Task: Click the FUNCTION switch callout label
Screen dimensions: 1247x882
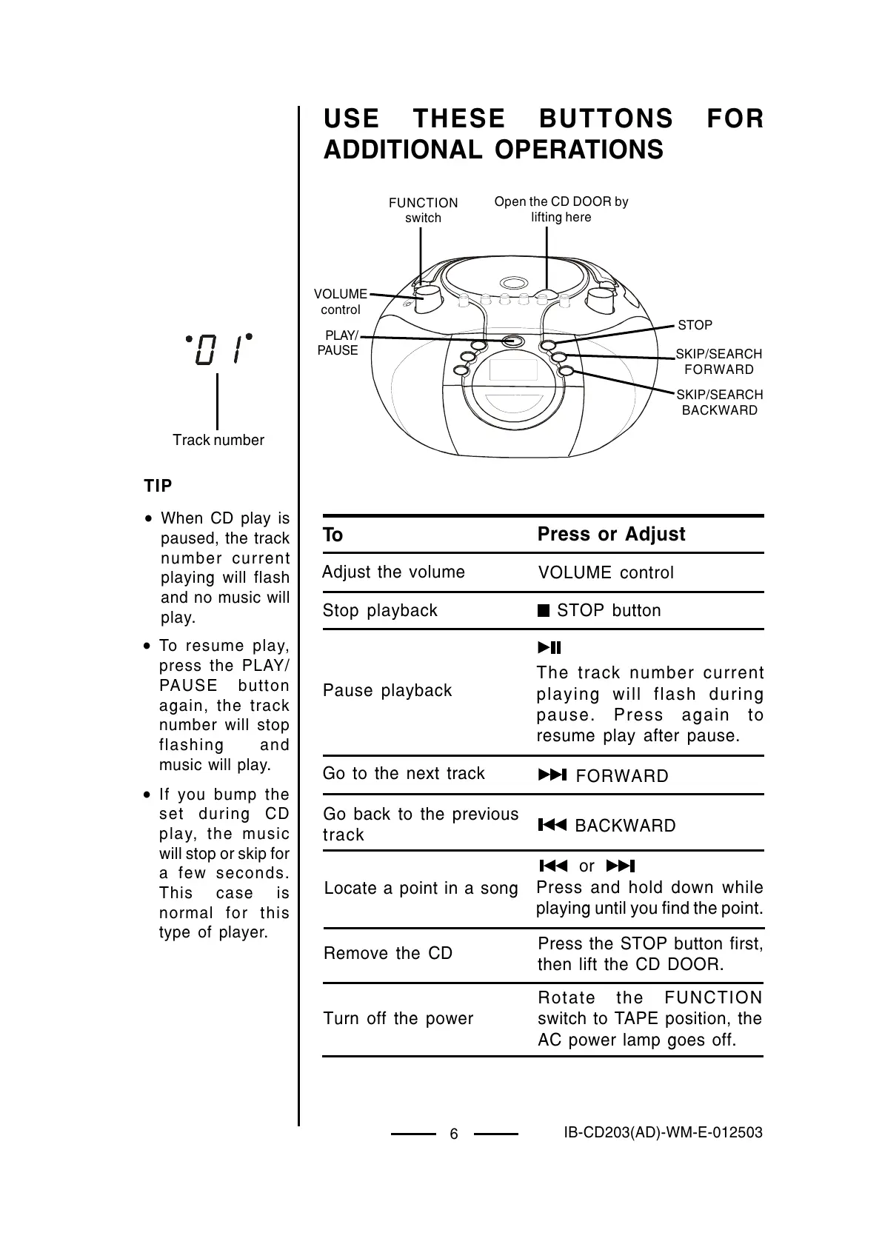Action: [423, 210]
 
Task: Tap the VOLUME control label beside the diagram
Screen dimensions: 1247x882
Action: [340, 301]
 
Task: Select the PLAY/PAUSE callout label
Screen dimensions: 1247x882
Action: [338, 343]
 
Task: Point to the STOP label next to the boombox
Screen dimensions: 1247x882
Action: [695, 325]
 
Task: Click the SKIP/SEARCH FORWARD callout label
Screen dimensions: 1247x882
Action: [718, 361]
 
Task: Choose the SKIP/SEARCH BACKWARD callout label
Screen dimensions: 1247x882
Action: [719, 402]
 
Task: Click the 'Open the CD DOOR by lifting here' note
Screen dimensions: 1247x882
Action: [561, 209]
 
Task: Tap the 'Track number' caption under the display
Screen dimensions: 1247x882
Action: [218, 440]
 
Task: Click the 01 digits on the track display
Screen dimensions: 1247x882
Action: [218, 350]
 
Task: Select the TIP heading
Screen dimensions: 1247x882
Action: [158, 486]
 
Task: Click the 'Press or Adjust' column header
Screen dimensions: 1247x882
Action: [611, 534]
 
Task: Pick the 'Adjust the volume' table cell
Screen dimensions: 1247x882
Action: [393, 572]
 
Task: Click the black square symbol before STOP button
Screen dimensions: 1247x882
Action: [544, 611]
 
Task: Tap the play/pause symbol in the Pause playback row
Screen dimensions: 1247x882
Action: [549, 648]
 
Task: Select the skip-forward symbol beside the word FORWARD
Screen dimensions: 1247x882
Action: [552, 775]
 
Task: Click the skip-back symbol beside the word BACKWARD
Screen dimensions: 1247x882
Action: [552, 825]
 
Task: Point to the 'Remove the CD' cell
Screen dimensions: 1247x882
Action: [387, 953]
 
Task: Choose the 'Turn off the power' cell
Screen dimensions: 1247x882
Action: [398, 1018]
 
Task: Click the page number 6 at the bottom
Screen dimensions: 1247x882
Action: [454, 1134]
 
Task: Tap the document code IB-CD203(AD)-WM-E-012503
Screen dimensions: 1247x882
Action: [663, 1132]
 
